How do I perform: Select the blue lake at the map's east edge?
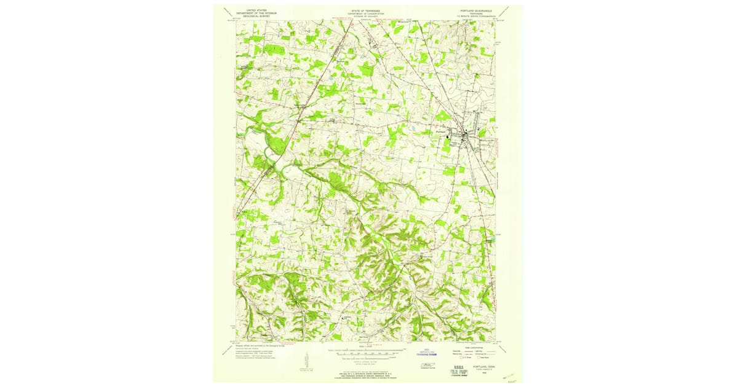pyautogui.click(x=492, y=237)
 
